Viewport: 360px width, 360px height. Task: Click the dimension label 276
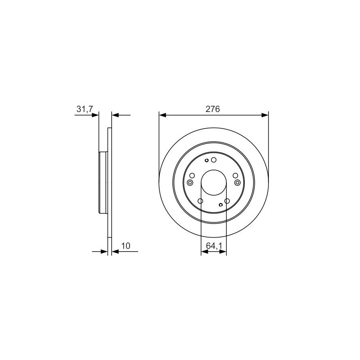213,109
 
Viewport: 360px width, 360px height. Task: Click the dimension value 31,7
84,109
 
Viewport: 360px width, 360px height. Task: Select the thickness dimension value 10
126,246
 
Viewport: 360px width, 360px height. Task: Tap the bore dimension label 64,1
214,246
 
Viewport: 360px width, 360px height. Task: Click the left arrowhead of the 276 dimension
162,115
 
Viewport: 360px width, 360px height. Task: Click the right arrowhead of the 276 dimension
265,115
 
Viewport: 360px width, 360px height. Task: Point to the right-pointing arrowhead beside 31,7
95,115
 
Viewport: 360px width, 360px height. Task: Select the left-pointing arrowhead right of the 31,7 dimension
115,115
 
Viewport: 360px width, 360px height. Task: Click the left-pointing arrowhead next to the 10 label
115,252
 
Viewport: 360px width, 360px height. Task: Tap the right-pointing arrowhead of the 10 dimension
104,252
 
